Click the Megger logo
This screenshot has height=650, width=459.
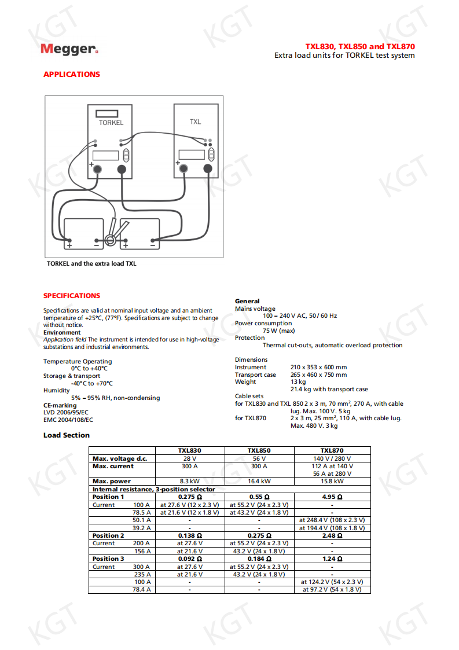click(x=69, y=49)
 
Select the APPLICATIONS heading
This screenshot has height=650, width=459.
click(x=72, y=74)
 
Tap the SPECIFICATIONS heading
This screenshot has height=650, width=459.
click(x=72, y=295)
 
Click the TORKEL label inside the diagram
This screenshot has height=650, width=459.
click(x=111, y=123)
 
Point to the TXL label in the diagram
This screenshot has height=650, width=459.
click(x=196, y=122)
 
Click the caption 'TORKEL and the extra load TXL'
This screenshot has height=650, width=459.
click(x=91, y=263)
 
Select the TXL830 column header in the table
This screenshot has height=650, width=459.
click(x=189, y=450)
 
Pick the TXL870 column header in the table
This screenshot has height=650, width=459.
click(x=332, y=450)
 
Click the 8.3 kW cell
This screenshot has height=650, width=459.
click(x=189, y=481)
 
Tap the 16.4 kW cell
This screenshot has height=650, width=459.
click(x=259, y=481)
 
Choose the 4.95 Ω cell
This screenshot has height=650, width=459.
click(x=332, y=497)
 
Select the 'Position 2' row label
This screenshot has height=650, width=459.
click(x=108, y=535)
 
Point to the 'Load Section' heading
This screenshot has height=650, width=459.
click(x=67, y=435)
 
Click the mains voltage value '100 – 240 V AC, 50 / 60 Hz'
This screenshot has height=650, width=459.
click(x=300, y=316)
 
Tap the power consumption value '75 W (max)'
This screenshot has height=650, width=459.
click(x=278, y=330)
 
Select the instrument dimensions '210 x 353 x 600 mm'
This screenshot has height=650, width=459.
click(x=318, y=367)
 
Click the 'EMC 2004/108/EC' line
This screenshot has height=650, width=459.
click(x=68, y=420)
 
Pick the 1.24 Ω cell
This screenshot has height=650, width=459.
click(x=332, y=559)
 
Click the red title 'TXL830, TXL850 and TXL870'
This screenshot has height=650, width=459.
click(x=360, y=46)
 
